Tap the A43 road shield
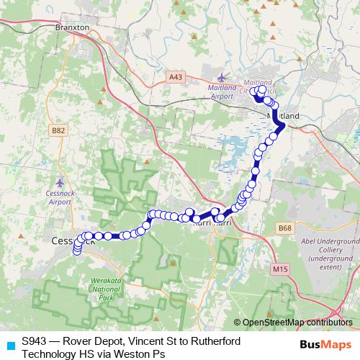click(175, 76)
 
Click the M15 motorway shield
click(280, 269)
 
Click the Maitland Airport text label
click(223, 91)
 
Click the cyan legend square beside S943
click(9, 345)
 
